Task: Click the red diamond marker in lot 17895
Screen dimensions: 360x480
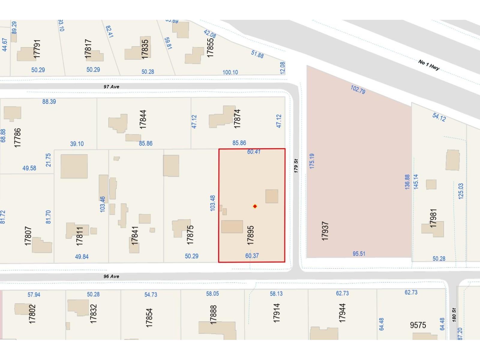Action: click(255, 206)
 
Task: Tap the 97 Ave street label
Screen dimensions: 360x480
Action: click(111, 87)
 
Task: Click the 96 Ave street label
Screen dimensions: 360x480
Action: click(111, 276)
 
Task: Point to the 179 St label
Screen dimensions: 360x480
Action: click(296, 166)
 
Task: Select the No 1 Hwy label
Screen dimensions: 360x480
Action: click(429, 65)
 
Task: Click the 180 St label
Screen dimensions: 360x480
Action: click(454, 315)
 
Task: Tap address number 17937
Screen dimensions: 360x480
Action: click(325, 231)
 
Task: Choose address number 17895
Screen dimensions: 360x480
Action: click(250, 235)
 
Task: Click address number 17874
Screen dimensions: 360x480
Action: click(237, 119)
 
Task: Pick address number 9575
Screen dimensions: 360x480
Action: click(418, 325)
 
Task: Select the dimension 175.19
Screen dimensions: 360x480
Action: click(312, 161)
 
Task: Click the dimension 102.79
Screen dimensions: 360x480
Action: click(358, 89)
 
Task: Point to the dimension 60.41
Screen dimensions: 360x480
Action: click(254, 152)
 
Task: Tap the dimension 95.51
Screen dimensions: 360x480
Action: click(359, 254)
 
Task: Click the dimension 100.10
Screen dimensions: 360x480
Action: click(230, 72)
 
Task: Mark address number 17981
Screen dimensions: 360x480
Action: click(433, 218)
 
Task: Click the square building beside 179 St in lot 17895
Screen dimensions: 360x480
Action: click(271, 196)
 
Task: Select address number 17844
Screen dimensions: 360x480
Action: click(143, 119)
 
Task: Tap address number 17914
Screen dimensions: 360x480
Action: click(276, 313)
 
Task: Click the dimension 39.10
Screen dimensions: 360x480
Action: click(77, 144)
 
